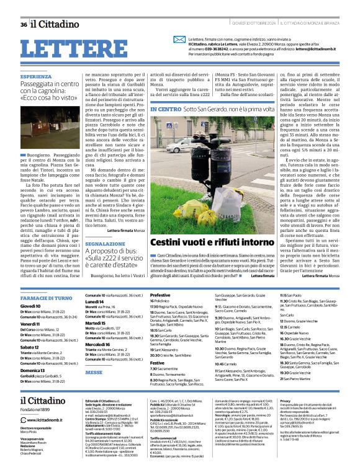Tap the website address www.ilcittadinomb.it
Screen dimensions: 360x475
click(x=51, y=420)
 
